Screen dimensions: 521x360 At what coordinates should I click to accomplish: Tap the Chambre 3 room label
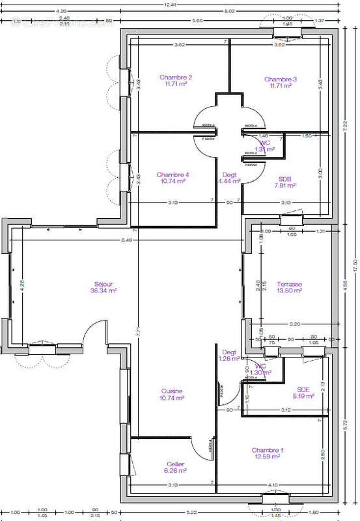tap(281, 79)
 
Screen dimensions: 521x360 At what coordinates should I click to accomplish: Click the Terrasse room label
tap(288, 284)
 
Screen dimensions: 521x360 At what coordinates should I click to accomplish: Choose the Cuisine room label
tap(172, 391)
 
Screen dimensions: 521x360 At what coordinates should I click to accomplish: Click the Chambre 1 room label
tap(267, 450)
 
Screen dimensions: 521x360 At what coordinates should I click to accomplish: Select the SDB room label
tap(284, 178)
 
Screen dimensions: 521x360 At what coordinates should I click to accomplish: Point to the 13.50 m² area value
tap(288, 291)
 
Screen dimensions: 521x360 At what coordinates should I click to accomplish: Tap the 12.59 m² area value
tap(267, 457)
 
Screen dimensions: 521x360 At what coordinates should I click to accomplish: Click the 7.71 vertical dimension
tap(138, 331)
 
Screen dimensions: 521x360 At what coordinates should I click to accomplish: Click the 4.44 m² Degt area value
tap(229, 182)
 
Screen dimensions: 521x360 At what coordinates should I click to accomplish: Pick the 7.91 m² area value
tap(284, 186)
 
